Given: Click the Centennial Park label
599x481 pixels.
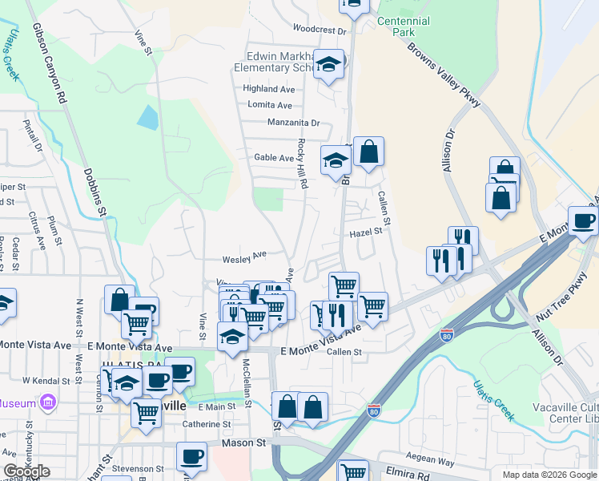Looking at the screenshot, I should pos(414,26).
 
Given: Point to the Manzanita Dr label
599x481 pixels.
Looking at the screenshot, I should pos(293,123).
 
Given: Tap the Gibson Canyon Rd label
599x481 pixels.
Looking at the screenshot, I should pos(49,63).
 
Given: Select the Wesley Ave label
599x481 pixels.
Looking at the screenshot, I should pos(245,257).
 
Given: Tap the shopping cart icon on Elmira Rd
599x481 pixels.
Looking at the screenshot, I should pos(352,470).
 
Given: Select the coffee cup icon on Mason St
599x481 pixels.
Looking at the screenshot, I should pos(191,456).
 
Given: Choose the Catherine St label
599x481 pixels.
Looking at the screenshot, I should pos(207,424).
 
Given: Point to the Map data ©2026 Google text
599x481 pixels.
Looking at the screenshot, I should pos(549,475).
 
